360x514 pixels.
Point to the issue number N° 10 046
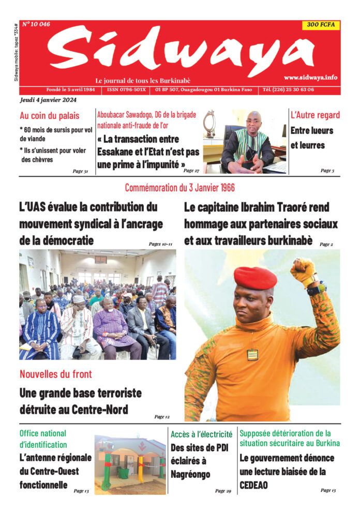36,24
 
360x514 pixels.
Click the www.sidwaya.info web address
310,77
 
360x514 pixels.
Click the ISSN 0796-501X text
126,89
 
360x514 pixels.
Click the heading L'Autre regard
315,115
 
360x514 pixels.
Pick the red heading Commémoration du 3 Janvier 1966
179,188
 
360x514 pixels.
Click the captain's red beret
255,278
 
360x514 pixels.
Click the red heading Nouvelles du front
55,373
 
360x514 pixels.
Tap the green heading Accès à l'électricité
201,434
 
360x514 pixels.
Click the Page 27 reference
191,171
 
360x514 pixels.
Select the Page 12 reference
162,416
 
